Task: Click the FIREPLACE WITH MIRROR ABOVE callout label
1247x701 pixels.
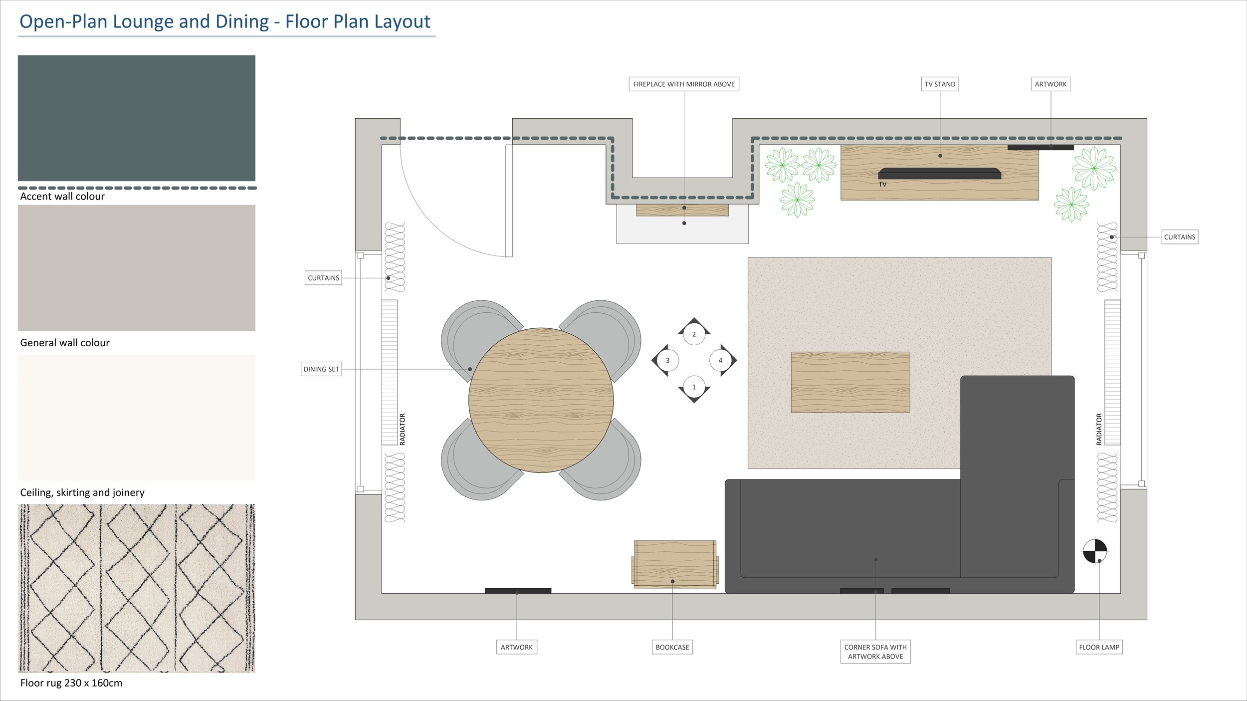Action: (683, 84)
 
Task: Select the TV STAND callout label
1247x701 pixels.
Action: (940, 84)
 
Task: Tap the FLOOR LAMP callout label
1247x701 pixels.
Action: (1099, 647)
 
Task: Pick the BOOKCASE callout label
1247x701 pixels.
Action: (672, 647)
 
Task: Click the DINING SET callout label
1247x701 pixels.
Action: (321, 369)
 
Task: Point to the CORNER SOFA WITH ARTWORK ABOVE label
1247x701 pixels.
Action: (875, 652)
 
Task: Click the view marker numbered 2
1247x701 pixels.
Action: (694, 334)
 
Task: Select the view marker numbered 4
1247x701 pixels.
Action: (720, 360)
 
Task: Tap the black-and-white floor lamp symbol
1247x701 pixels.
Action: (1095, 551)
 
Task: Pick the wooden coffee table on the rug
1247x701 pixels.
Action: (850, 382)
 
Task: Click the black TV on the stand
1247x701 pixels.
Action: (939, 173)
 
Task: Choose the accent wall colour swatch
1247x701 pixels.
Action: (136, 118)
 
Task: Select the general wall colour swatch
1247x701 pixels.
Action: (136, 267)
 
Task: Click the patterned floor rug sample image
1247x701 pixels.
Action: (136, 588)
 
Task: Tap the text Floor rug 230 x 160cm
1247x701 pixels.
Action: (71, 683)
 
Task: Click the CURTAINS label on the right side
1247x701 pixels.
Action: (1179, 237)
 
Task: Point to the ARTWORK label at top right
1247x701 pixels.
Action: (1050, 84)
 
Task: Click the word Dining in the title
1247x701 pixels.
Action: (242, 22)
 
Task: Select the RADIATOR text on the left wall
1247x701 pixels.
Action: (403, 429)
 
